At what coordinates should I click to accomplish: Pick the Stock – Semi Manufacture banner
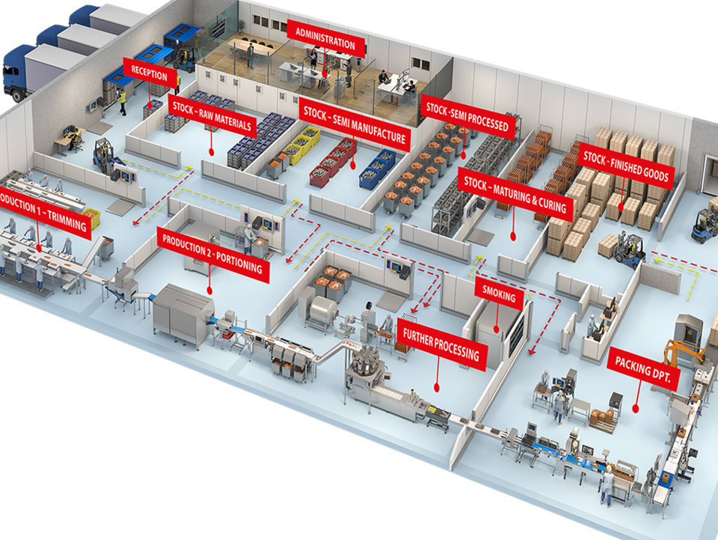click(x=355, y=124)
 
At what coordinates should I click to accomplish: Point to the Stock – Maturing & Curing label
click(x=515, y=192)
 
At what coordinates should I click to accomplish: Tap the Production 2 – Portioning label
click(x=213, y=255)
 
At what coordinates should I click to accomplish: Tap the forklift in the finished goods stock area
click(x=630, y=249)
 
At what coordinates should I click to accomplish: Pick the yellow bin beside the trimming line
click(x=92, y=217)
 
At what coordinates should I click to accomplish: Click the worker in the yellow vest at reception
click(x=123, y=100)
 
